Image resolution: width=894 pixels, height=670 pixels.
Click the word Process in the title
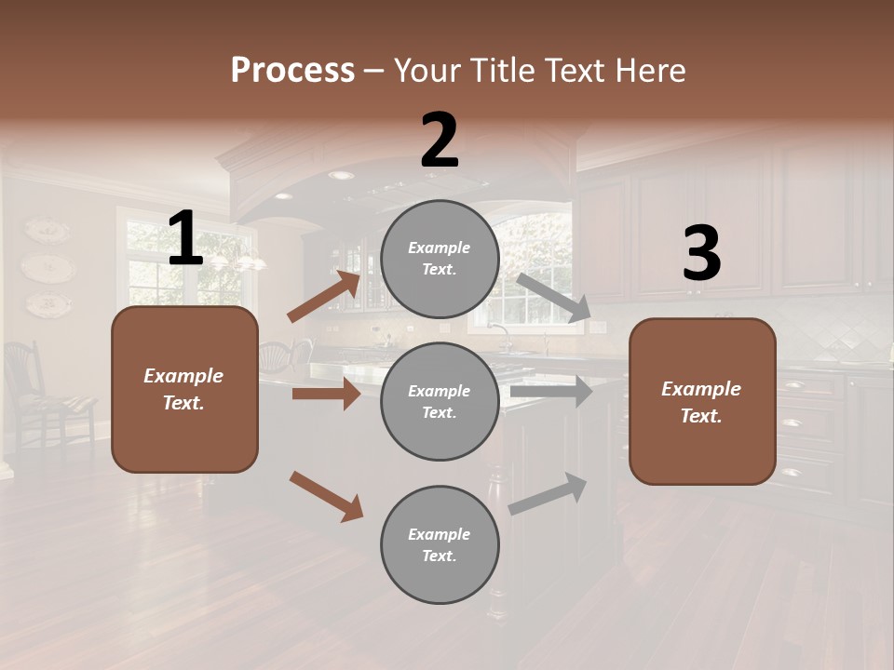click(292, 71)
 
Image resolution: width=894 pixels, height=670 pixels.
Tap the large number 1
click(185, 239)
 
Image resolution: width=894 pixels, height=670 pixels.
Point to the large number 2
click(440, 141)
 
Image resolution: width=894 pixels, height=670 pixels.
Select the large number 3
click(701, 254)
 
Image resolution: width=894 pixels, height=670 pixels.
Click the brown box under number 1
click(184, 389)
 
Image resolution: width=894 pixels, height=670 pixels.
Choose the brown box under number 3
click(702, 401)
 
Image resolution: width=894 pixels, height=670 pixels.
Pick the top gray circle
click(440, 259)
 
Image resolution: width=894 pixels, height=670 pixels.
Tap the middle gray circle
click(440, 401)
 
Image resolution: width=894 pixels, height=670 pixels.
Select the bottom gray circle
click(440, 544)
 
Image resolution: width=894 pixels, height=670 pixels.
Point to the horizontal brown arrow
click(326, 394)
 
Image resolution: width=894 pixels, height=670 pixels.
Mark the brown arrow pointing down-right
click(326, 496)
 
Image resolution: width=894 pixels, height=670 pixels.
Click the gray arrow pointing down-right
click(553, 298)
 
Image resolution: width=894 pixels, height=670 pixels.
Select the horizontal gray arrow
click(551, 392)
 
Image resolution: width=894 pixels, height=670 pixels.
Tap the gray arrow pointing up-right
click(549, 494)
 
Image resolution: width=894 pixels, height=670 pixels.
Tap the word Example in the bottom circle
click(439, 534)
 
